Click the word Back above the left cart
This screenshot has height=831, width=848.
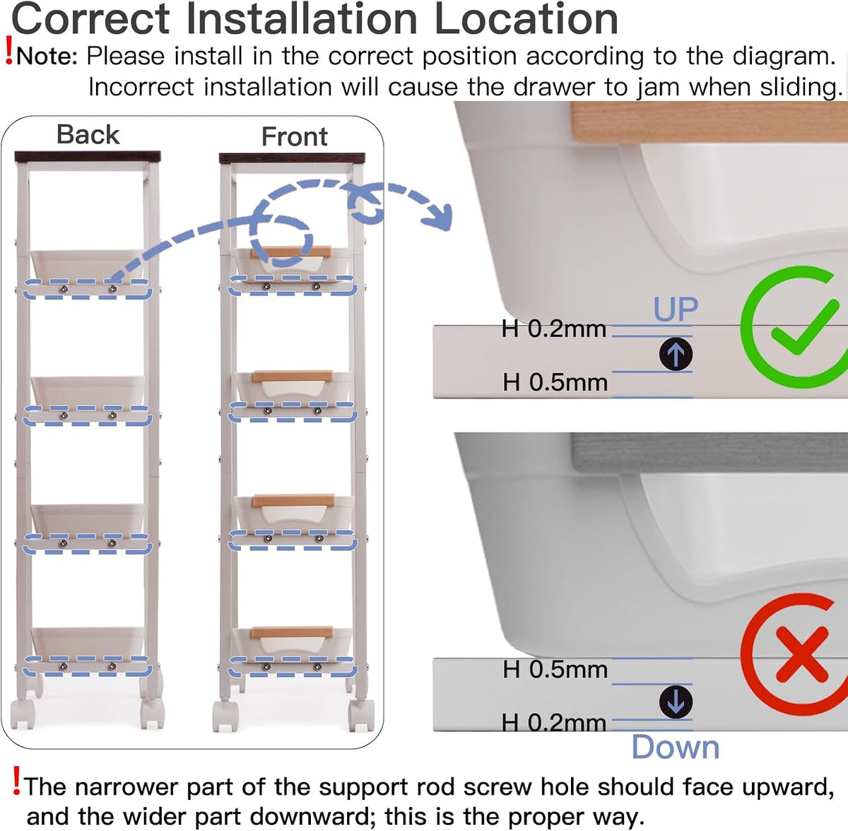click(x=88, y=134)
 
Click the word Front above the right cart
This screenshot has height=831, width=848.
click(x=295, y=136)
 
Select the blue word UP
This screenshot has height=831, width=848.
click(x=676, y=309)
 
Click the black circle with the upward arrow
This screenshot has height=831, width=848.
click(x=676, y=354)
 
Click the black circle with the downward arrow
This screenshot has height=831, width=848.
click(x=676, y=702)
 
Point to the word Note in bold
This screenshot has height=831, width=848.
click(x=46, y=57)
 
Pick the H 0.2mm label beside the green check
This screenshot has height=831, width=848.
click(x=554, y=329)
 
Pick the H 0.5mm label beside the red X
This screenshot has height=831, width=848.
click(x=555, y=669)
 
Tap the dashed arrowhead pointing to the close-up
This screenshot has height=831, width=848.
click(x=437, y=216)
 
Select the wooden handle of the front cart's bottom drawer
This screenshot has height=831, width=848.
click(x=292, y=632)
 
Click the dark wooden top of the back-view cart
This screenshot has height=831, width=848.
click(x=88, y=156)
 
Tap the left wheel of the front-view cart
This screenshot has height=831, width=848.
click(x=225, y=717)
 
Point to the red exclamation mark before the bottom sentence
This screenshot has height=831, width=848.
click(x=16, y=780)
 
